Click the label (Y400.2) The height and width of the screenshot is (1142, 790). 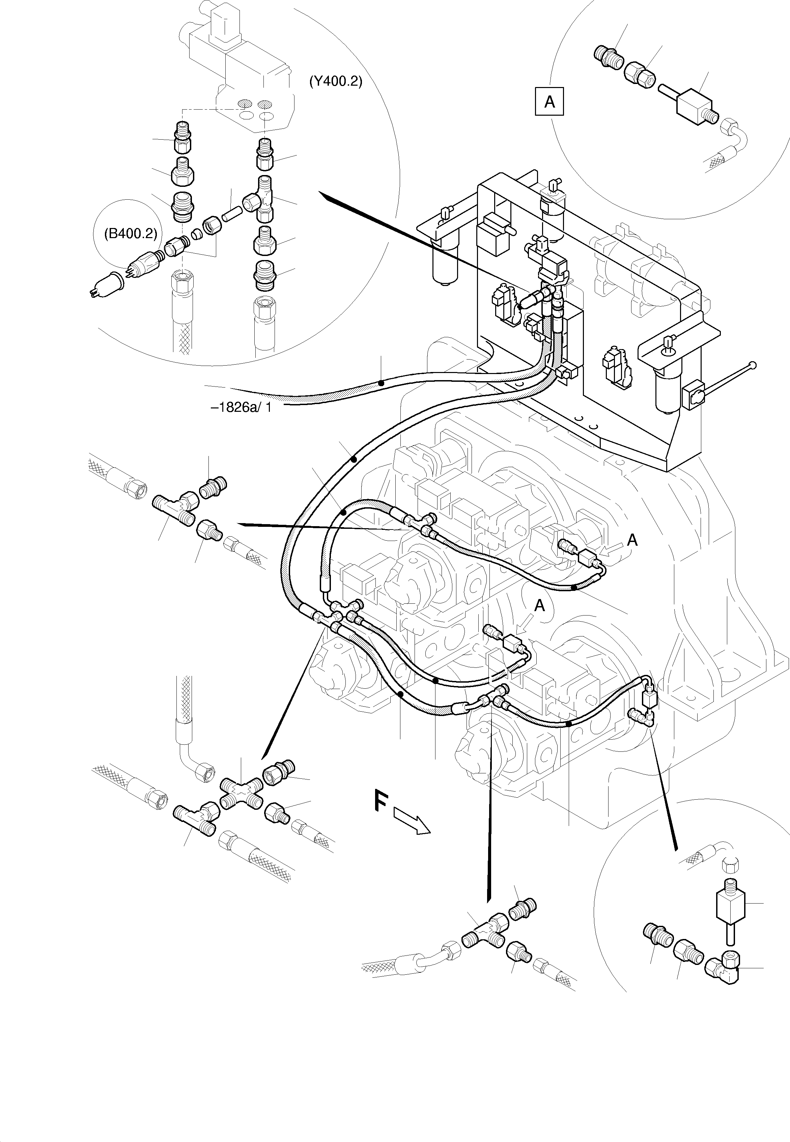tap(336, 82)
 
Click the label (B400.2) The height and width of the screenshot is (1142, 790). tap(130, 233)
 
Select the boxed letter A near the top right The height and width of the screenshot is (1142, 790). tap(549, 102)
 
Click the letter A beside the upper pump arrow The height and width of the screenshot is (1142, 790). tap(632, 540)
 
